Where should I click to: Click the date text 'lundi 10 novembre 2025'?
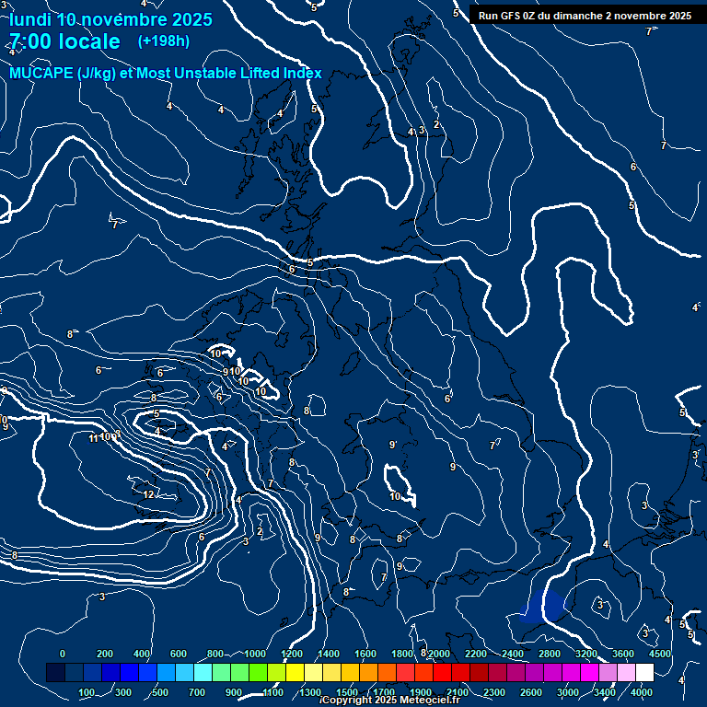(x=110, y=19)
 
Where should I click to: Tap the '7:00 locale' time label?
(x=64, y=41)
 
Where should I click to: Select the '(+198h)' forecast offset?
(x=164, y=41)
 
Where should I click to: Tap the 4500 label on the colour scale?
(x=659, y=654)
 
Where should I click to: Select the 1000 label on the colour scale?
(x=254, y=654)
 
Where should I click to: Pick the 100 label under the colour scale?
(x=87, y=692)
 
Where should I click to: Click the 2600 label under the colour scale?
(x=531, y=692)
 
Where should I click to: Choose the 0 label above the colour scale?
(x=62, y=654)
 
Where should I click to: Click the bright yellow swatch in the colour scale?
(x=295, y=673)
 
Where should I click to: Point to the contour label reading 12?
(x=148, y=494)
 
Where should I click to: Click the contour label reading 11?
(x=93, y=438)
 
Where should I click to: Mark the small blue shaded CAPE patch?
(x=543, y=608)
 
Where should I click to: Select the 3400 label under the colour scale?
(x=605, y=692)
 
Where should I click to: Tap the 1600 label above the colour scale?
(x=365, y=654)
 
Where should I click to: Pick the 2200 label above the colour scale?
(x=476, y=654)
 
